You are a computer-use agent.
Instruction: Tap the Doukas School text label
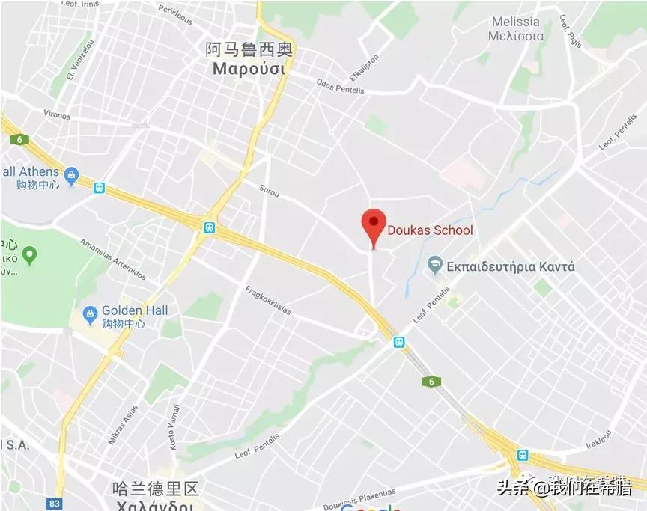click(431, 230)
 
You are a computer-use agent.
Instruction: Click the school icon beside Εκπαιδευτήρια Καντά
click(434, 265)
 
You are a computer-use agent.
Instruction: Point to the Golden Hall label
click(135, 310)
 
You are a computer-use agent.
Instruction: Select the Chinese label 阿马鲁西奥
click(249, 50)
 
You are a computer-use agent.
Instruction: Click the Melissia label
click(516, 22)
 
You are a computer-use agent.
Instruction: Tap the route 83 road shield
click(54, 504)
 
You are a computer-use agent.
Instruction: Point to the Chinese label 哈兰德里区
click(155, 489)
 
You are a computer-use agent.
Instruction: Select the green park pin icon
click(29, 257)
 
